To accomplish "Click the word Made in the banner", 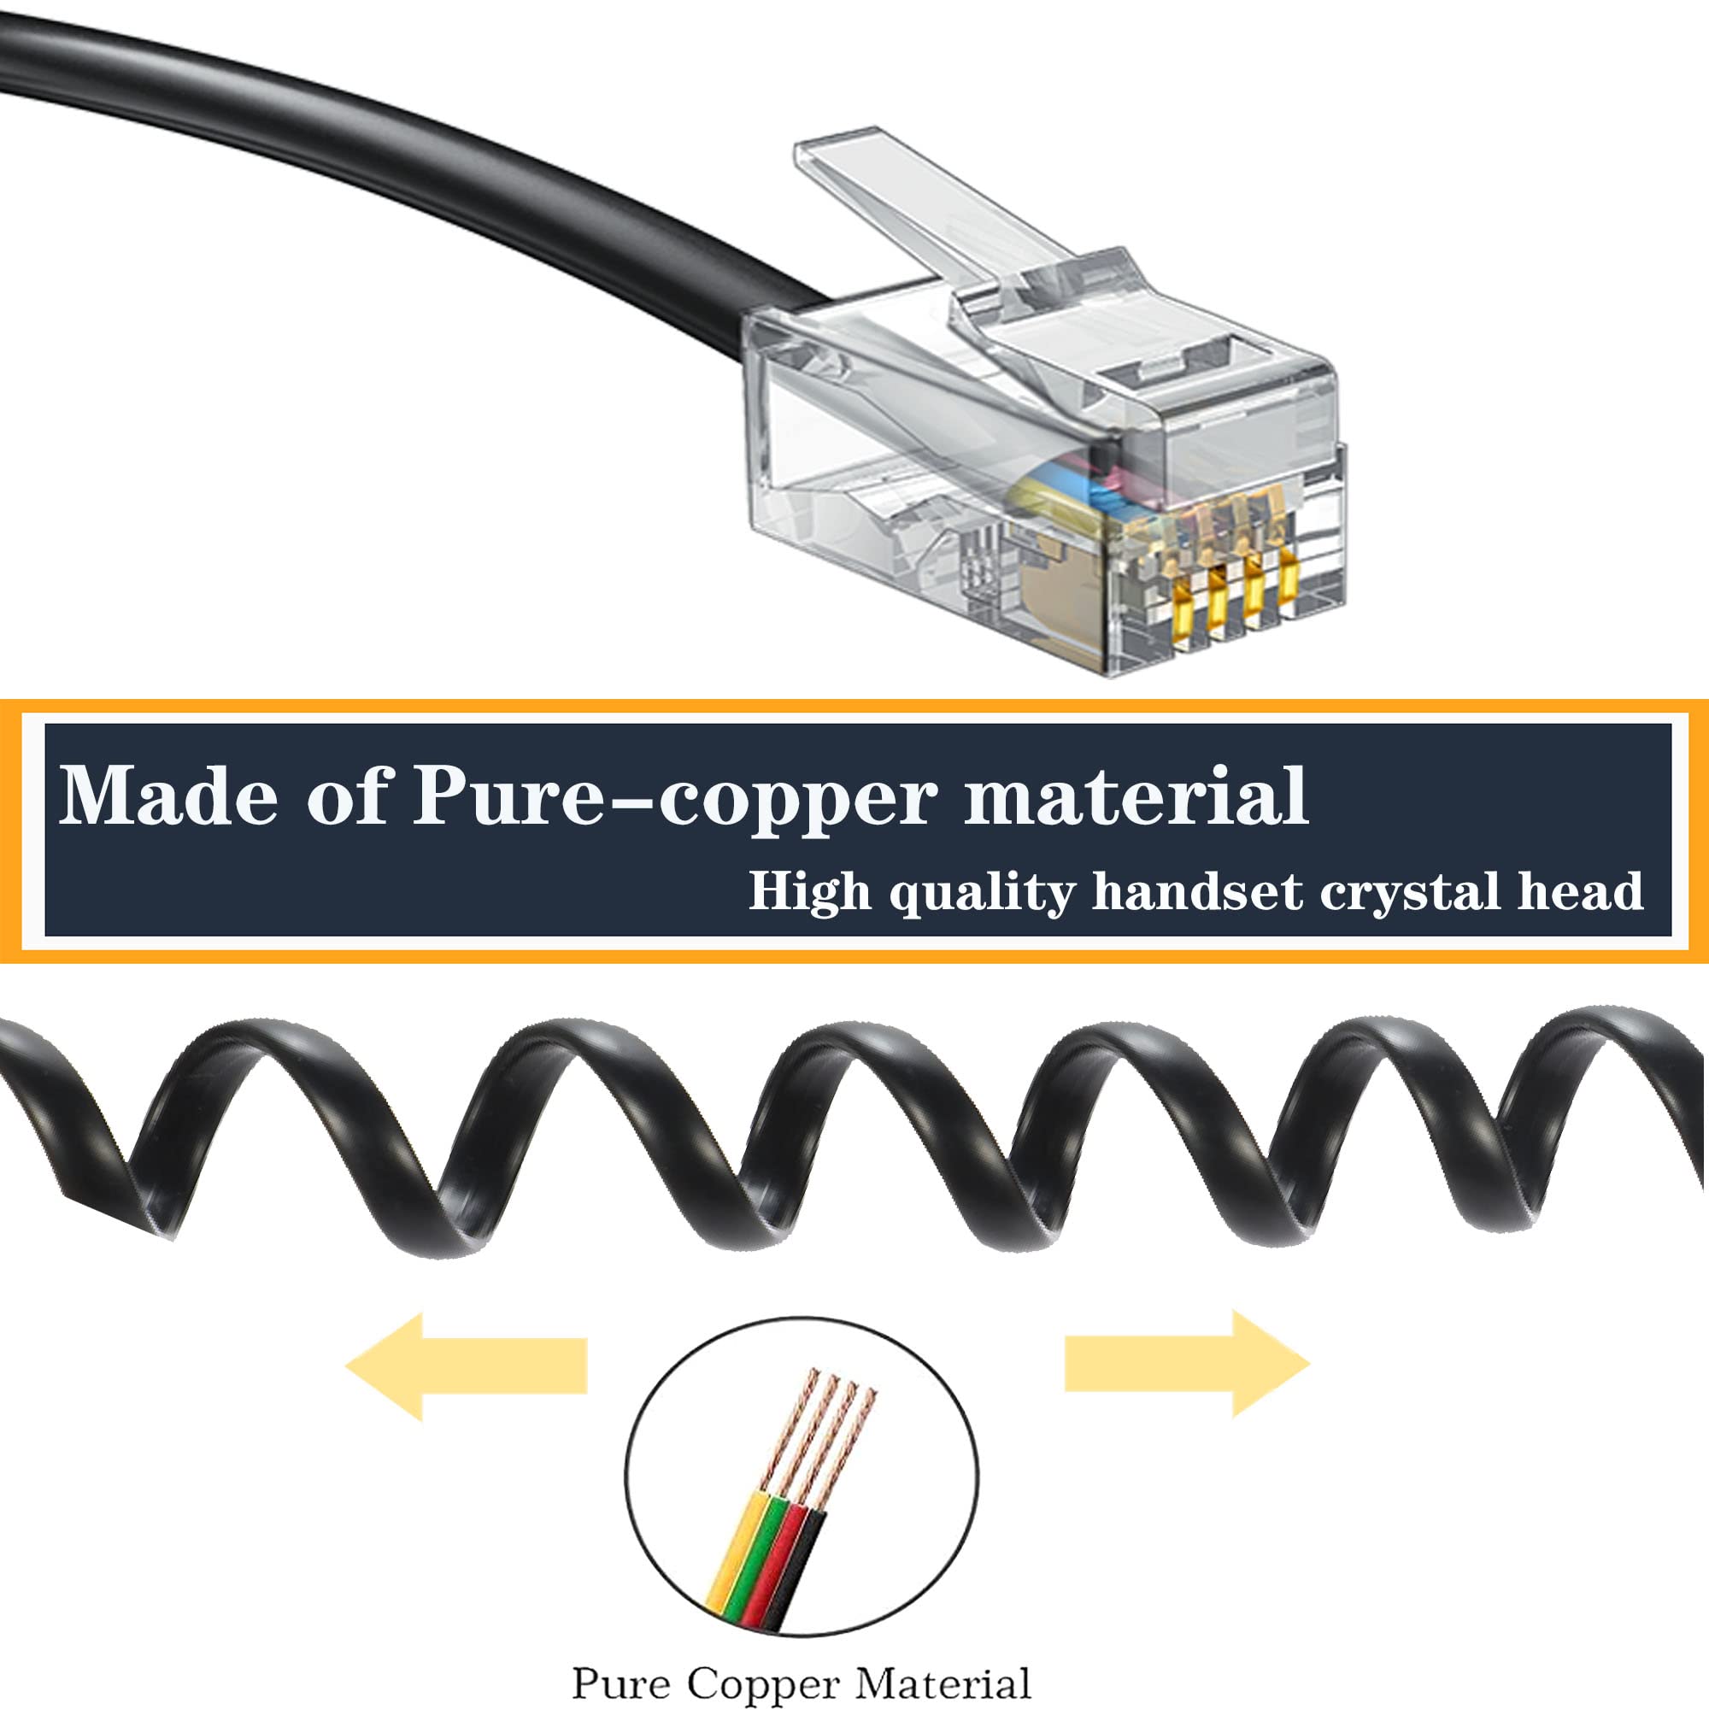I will [x=168, y=796].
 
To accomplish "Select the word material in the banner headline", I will [x=1136, y=796].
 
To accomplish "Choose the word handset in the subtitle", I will [x=1198, y=890].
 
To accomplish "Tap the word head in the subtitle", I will [x=1581, y=890].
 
